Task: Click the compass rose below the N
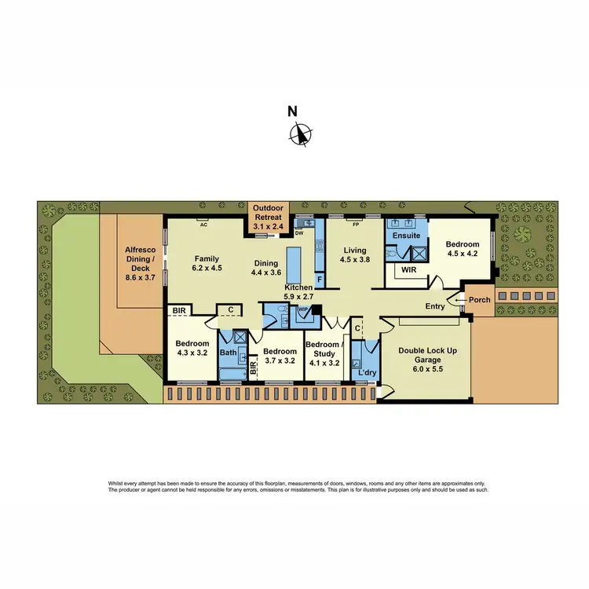(300, 135)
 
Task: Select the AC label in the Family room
(203, 225)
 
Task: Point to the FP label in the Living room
(356, 225)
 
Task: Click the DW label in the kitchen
(299, 233)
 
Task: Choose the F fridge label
(319, 279)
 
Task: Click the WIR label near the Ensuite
(408, 269)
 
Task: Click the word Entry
(434, 306)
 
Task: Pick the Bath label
(228, 353)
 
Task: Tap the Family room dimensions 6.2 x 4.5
(207, 268)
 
